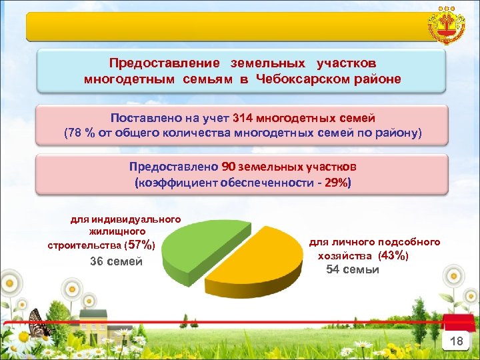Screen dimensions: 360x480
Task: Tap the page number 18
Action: [x=456, y=341]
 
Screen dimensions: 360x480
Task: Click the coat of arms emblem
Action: [x=447, y=26]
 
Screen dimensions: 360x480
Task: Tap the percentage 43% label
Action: [x=393, y=255]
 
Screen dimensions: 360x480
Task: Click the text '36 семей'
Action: [x=117, y=261]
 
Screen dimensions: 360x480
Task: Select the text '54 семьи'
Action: [x=353, y=269]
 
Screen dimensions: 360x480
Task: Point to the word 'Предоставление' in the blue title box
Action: [x=164, y=63]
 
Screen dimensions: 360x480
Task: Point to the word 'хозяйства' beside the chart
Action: [x=346, y=255]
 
